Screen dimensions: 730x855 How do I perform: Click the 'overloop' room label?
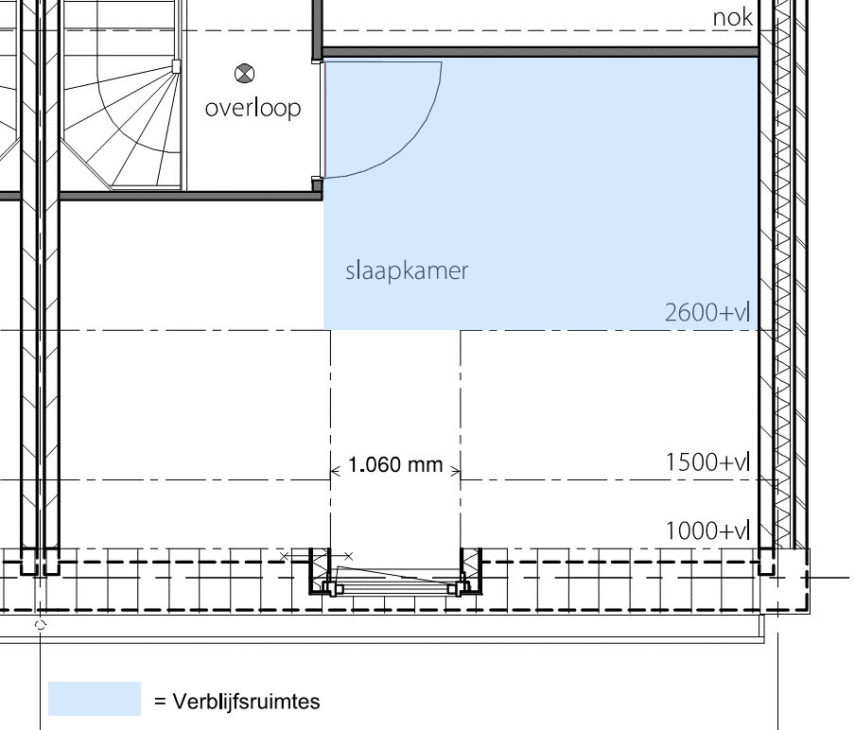(253, 108)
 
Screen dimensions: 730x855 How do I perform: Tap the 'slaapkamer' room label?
(407, 271)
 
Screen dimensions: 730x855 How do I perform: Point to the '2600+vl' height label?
(707, 312)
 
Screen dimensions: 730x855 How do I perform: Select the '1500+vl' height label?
(707, 462)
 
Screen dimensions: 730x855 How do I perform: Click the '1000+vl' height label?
(707, 530)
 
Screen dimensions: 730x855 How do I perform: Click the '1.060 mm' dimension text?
(395, 465)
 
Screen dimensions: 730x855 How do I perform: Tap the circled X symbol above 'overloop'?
(245, 72)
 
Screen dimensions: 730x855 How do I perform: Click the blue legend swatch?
(95, 699)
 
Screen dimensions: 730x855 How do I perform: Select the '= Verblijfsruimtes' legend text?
(236, 702)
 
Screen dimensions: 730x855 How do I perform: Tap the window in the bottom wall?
(395, 582)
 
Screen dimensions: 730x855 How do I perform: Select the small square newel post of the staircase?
(176, 65)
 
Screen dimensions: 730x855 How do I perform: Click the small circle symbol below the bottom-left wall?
(40, 624)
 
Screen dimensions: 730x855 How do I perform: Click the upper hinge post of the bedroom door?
(316, 60)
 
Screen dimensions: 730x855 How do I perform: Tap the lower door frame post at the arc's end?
(316, 179)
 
